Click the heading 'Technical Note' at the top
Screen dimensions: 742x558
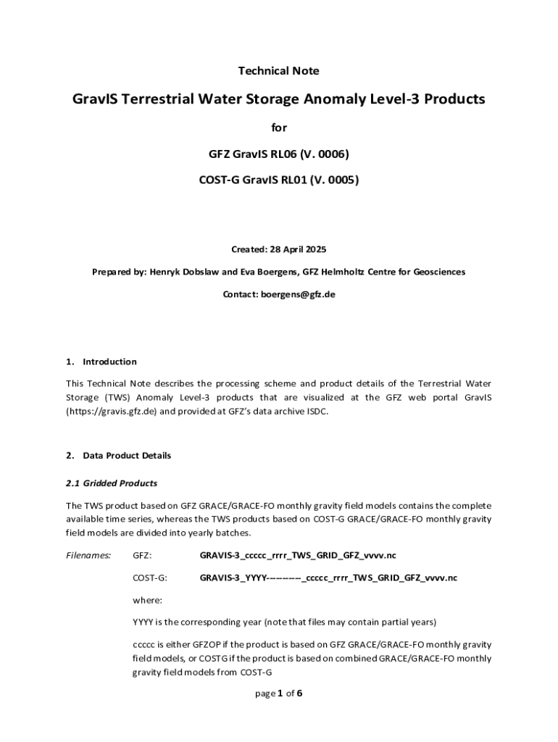pyautogui.click(x=279, y=71)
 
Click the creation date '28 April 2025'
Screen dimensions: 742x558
pyautogui.click(x=298, y=249)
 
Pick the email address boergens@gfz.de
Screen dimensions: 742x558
pyautogui.click(x=298, y=295)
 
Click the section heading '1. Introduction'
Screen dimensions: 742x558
pyautogui.click(x=101, y=362)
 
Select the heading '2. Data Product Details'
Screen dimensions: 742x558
pyautogui.click(x=118, y=456)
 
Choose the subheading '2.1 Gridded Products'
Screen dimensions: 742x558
pyautogui.click(x=112, y=483)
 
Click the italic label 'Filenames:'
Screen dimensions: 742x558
pyautogui.click(x=88, y=556)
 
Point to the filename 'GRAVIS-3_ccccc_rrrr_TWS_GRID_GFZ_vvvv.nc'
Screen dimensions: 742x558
pyautogui.click(x=298, y=556)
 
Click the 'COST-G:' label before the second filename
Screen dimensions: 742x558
pyautogui.click(x=150, y=578)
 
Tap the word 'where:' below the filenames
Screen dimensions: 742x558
pyautogui.click(x=147, y=600)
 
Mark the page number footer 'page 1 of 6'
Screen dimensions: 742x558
pyautogui.click(x=279, y=693)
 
